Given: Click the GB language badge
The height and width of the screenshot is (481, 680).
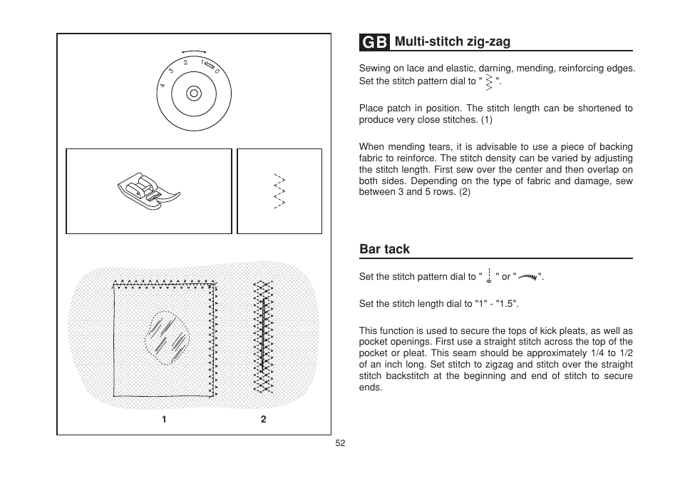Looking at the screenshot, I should pyautogui.click(x=375, y=42).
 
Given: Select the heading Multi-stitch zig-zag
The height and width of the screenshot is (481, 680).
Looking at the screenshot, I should pyautogui.click(x=453, y=42).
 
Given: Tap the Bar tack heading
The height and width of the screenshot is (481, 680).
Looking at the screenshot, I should pyautogui.click(x=384, y=249).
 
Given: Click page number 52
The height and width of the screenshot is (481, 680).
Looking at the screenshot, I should pyautogui.click(x=340, y=443).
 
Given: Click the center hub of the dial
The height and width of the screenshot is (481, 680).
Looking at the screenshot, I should pyautogui.click(x=192, y=93).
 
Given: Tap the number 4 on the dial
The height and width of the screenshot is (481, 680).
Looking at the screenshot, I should pyautogui.click(x=163, y=86).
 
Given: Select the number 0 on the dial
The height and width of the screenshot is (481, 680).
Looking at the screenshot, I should pyautogui.click(x=217, y=71).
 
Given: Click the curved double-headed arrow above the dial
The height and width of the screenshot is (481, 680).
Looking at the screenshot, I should pyautogui.click(x=193, y=51).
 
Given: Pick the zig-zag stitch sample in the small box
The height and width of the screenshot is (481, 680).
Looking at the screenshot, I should pyautogui.click(x=279, y=191).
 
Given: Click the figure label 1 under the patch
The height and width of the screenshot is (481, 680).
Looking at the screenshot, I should pyautogui.click(x=164, y=420).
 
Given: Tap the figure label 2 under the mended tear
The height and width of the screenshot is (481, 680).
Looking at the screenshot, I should pyautogui.click(x=263, y=420).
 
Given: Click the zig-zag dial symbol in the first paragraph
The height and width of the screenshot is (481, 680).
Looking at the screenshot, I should pyautogui.click(x=489, y=83).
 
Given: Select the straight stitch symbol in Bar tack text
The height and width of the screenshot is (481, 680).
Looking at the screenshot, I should pyautogui.click(x=489, y=277).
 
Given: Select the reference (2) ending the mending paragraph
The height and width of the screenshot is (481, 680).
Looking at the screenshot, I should pyautogui.click(x=464, y=192).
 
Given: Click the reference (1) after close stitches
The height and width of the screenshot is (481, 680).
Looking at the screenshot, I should pyautogui.click(x=486, y=120).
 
